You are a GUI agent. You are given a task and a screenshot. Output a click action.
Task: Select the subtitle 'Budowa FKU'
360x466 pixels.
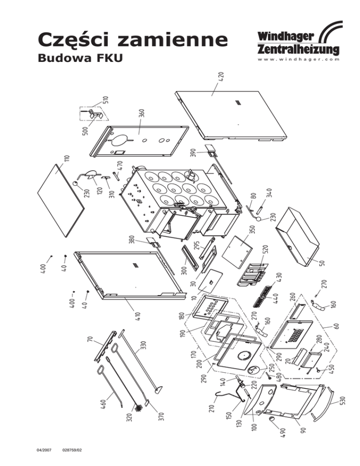pos(75,60)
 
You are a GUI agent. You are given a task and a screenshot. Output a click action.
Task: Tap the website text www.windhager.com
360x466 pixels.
pos(298,60)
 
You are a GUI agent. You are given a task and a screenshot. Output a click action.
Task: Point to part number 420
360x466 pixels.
pos(221,78)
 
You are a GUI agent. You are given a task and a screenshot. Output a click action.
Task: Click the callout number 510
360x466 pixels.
pos(106,100)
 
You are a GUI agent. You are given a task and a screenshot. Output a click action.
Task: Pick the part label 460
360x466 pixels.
pos(105,405)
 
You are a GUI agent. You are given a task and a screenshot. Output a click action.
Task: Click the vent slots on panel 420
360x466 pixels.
pos(237,103)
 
